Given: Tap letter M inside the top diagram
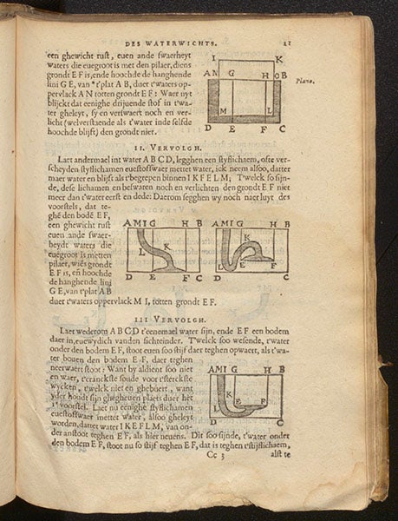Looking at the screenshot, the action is [x=223, y=113].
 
